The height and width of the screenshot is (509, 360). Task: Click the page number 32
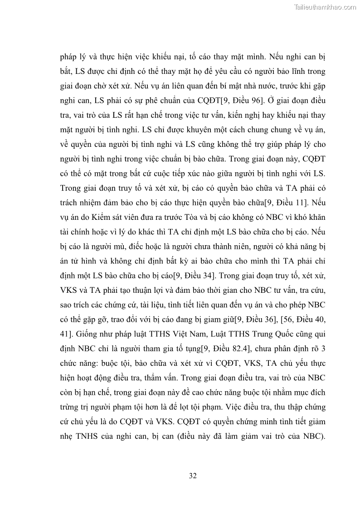(x=192, y=475)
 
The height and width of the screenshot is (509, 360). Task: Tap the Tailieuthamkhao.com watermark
(x=325, y=7)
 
